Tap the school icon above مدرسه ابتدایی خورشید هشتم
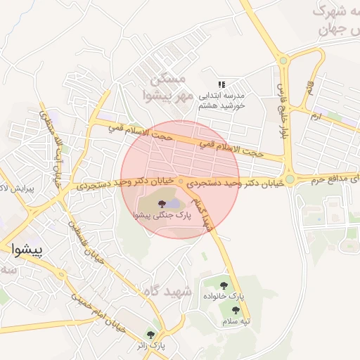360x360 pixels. click(x=221, y=84)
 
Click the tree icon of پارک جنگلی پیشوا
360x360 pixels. click(x=162, y=203)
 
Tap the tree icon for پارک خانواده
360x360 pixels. click(x=224, y=285)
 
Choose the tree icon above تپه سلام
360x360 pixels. click(x=236, y=309)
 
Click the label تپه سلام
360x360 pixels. click(x=237, y=321)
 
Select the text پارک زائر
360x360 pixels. click(x=150, y=346)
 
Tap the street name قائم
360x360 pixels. click(x=309, y=88)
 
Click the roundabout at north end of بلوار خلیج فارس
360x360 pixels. click(x=283, y=60)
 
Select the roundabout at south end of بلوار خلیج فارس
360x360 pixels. click(x=289, y=179)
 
